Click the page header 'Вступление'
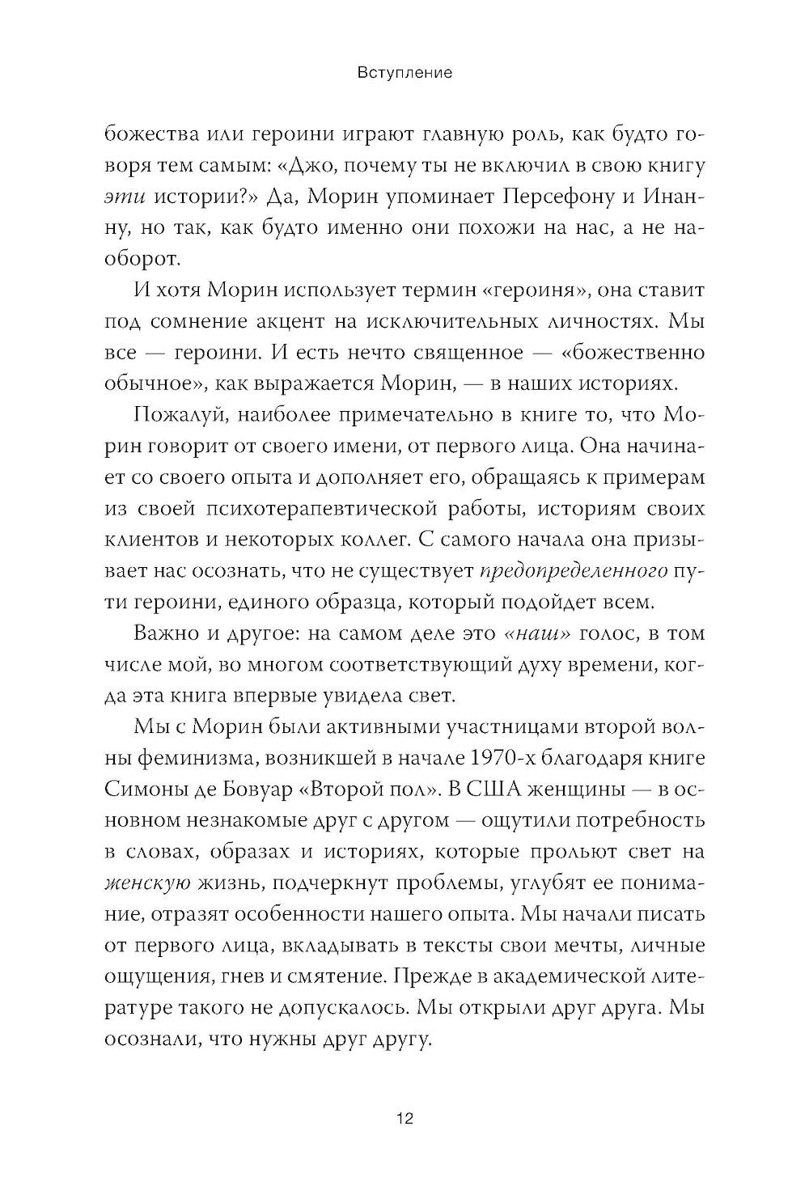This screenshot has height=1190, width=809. click(x=404, y=73)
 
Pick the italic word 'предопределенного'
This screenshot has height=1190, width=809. click(x=574, y=571)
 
